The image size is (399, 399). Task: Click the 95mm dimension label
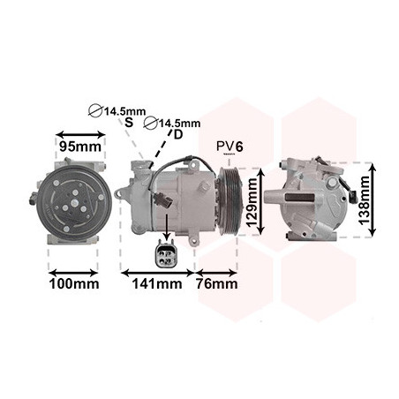[80, 147]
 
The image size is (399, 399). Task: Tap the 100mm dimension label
[74, 284]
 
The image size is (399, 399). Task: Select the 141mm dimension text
[157, 284]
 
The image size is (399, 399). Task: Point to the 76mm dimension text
[217, 284]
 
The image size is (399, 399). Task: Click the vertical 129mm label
[252, 203]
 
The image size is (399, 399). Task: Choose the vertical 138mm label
[364, 200]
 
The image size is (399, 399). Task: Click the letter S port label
[129, 123]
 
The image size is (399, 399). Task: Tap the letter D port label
[178, 134]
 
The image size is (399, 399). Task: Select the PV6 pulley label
[230, 147]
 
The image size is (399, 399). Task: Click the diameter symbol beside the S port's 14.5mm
[95, 111]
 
